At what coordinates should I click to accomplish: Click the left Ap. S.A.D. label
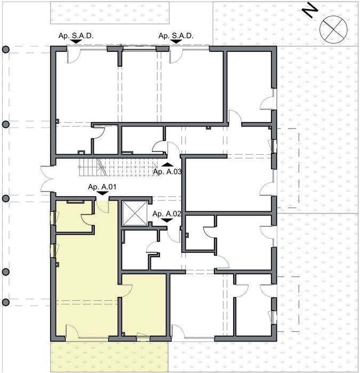[76, 35]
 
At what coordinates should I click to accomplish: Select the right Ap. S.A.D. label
[175, 35]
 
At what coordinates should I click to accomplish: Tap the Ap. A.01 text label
[102, 187]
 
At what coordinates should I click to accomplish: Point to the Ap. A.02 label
[167, 214]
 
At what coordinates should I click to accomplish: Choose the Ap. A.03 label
[167, 171]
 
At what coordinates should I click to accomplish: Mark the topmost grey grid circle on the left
[6, 50]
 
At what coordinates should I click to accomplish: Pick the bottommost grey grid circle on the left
[6, 303]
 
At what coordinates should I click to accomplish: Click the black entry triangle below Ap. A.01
[102, 193]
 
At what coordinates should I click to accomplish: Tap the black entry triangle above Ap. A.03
[167, 164]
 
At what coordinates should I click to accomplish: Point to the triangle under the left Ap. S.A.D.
[76, 41]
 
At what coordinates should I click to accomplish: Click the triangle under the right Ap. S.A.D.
[175, 41]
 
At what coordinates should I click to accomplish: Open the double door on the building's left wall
[46, 179]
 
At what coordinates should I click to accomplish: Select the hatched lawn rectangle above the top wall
[109, 12]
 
